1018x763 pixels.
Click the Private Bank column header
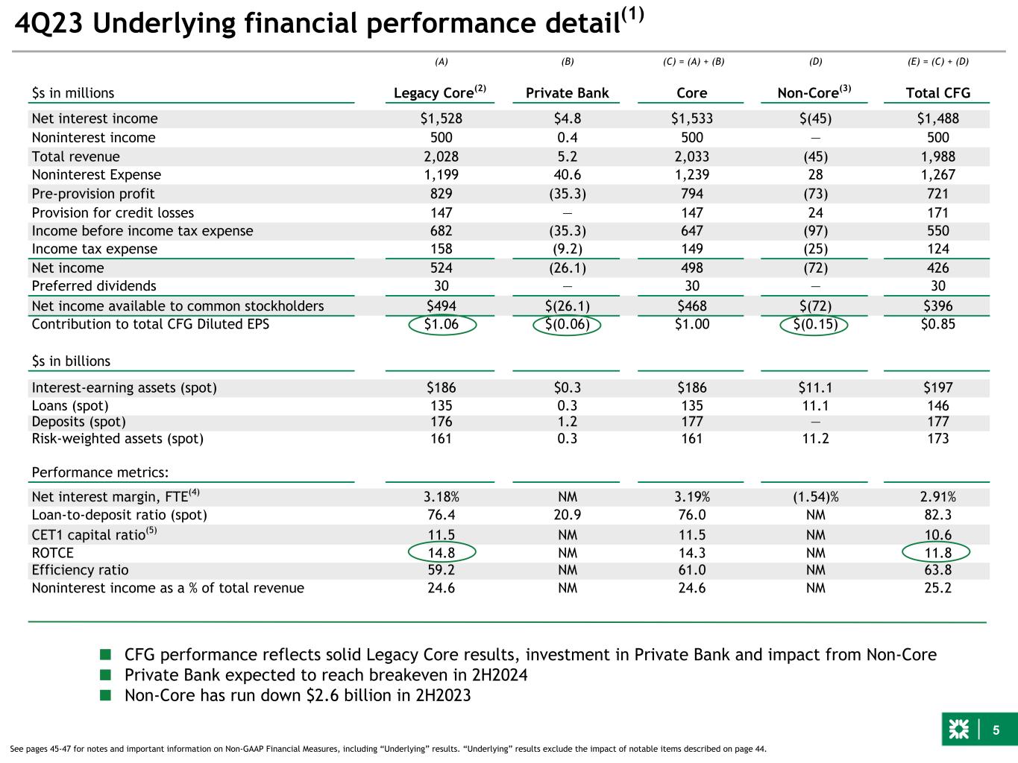(x=567, y=93)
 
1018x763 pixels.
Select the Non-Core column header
(x=814, y=92)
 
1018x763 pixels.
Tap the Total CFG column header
(x=937, y=93)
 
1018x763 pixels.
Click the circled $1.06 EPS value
(x=442, y=324)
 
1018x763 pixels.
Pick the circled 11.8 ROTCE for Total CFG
(x=936, y=552)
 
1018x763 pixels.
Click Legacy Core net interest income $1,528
(x=441, y=118)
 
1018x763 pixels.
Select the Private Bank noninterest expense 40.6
(x=568, y=174)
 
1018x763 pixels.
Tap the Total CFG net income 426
(x=937, y=267)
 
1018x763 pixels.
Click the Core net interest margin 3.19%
(x=692, y=497)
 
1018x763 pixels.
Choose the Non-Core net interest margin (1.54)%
(x=815, y=497)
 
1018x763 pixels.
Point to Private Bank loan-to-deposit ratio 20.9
(x=568, y=515)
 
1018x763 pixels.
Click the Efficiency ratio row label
(x=80, y=570)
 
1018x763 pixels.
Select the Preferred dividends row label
(x=94, y=286)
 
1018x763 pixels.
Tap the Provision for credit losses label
(x=113, y=212)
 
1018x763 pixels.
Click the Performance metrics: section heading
(x=100, y=472)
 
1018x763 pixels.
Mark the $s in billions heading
(x=71, y=361)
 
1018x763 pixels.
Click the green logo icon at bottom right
(x=958, y=729)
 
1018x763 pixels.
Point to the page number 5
(x=996, y=730)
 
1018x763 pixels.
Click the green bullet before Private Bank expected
(x=106, y=674)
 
